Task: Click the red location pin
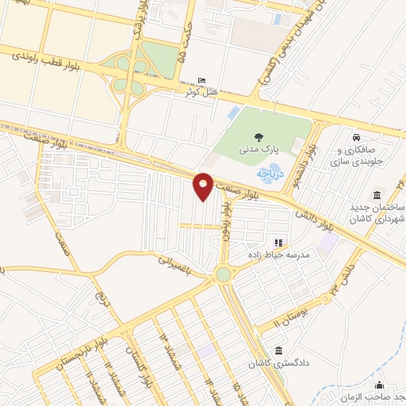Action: coord(203,185)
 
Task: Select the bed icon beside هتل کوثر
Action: coord(201,80)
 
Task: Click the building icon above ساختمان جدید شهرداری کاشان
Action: coord(376,196)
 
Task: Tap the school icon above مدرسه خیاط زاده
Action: coord(278,242)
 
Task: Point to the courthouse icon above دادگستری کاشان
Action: coord(278,350)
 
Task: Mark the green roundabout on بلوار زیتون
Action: coord(222,274)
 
